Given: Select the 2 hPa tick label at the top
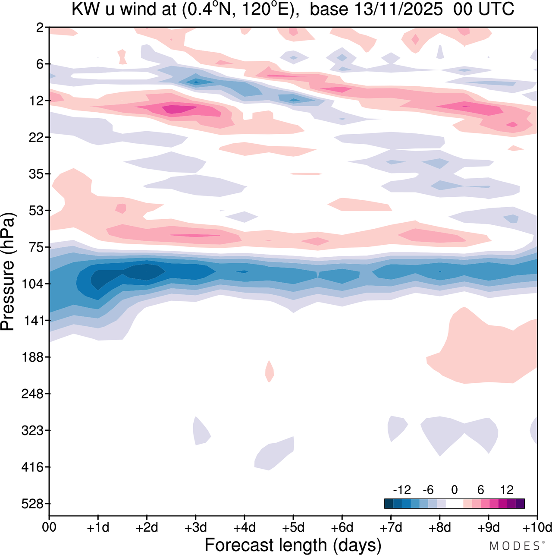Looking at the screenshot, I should tap(40, 28).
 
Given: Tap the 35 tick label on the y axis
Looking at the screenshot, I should tap(35, 174).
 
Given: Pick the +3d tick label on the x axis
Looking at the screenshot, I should tap(195, 527).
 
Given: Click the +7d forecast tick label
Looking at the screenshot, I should tap(391, 527).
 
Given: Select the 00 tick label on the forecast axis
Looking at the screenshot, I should tap(49, 527).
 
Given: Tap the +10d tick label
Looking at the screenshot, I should tap(537, 527).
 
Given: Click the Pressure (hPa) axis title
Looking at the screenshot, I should tap(8, 272).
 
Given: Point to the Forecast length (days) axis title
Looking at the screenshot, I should tap(293, 545).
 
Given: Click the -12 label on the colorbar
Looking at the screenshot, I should tap(401, 490).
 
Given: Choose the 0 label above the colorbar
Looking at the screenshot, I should tap(454, 490).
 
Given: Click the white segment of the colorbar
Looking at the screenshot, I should tap(454, 504).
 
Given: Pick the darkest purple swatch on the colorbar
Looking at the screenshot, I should tap(520, 504).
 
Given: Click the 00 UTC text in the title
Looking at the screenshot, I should tap(484, 9).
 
